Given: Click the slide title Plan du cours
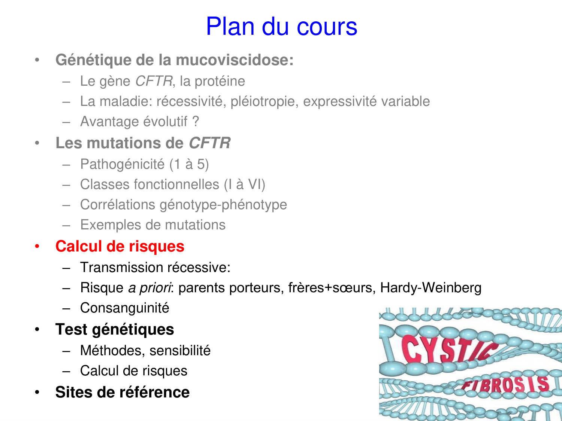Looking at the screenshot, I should pyautogui.click(x=281, y=27).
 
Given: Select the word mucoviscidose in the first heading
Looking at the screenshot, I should pyautogui.click(x=235, y=60).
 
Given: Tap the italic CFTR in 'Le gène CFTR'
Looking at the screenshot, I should pyautogui.click(x=154, y=81).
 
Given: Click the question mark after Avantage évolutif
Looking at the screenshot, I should pyautogui.click(x=196, y=122).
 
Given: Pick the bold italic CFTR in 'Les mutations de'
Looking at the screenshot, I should pyautogui.click(x=209, y=143).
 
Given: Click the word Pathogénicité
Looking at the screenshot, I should pyautogui.click(x=122, y=164).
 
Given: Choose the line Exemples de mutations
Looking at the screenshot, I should pyautogui.click(x=153, y=225).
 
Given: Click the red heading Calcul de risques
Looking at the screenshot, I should pyautogui.click(x=120, y=246).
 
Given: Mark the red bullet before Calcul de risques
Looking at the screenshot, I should pyautogui.click(x=37, y=246).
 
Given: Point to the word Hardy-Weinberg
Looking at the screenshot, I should pyautogui.click(x=430, y=288).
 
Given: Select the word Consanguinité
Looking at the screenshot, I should pyautogui.click(x=125, y=308).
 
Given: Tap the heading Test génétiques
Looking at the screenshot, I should pyautogui.click(x=115, y=329).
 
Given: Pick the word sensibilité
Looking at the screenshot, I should pyautogui.click(x=180, y=351).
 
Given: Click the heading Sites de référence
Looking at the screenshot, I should pyautogui.click(x=122, y=392).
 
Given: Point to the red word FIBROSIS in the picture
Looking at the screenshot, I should pyautogui.click(x=506, y=385).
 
